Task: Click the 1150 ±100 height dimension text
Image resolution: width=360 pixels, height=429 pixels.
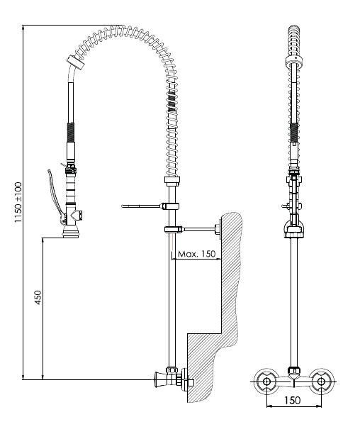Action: (18, 202)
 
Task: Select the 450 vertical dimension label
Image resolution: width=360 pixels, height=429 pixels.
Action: (38, 297)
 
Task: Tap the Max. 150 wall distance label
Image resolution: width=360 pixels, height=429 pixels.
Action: (196, 254)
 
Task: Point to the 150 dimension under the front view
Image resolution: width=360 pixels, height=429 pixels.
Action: (293, 400)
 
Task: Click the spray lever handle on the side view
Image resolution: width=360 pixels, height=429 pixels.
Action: (55, 195)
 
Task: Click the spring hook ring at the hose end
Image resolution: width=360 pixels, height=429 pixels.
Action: (76, 62)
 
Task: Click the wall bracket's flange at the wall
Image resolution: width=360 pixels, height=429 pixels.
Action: (218, 229)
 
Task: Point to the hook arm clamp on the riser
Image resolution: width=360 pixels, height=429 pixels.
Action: (170, 206)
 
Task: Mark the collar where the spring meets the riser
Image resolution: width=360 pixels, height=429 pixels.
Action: (172, 181)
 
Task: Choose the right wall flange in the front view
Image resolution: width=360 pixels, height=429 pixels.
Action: (322, 381)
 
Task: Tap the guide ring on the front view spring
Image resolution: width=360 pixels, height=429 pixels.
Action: (294, 61)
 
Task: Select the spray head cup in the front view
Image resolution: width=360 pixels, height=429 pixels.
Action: (294, 228)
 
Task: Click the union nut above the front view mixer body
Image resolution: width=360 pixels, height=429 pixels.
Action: (294, 370)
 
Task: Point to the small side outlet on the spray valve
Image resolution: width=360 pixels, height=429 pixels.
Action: (79, 216)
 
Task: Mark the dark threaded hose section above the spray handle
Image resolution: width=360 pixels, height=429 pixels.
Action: (71, 133)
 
